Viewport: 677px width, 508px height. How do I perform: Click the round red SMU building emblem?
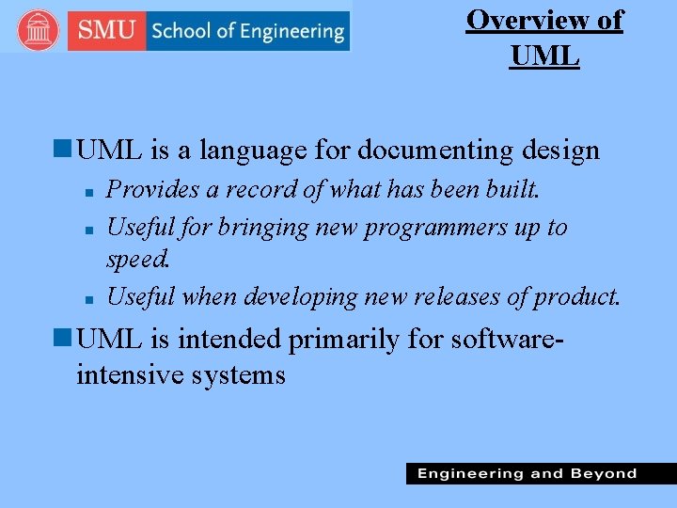[x=39, y=31]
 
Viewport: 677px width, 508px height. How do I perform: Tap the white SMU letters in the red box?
[x=106, y=31]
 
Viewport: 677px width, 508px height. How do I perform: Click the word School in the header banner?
[x=181, y=31]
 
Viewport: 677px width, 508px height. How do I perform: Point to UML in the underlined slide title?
[x=545, y=56]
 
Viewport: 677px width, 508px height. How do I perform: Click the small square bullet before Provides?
[x=87, y=192]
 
